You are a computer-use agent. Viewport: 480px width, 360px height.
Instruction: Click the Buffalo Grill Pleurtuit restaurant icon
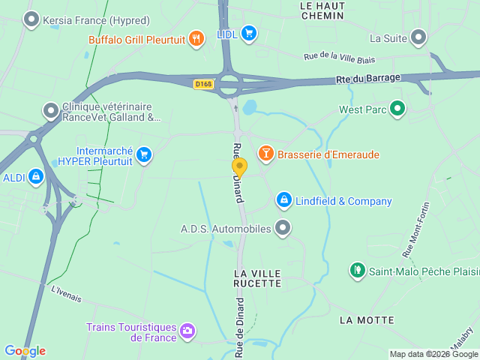pos(196,38)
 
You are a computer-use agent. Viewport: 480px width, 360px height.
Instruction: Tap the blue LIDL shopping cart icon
pos(249,33)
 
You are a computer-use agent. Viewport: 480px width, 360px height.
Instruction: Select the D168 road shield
pos(203,84)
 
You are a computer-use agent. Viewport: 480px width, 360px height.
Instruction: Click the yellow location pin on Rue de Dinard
pos(239,167)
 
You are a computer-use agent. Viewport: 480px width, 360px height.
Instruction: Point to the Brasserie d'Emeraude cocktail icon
pos(265,154)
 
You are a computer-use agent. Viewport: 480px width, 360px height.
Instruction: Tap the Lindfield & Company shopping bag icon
pos(283,200)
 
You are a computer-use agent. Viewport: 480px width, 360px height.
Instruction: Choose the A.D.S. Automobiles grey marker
pos(283,228)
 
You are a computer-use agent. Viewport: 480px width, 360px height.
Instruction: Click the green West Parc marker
pos(398,109)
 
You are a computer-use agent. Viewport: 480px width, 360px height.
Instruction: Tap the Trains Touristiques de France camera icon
pos(187,330)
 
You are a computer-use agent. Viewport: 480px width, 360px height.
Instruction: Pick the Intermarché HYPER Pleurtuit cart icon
pos(144,155)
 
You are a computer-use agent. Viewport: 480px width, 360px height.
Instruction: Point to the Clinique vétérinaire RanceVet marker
pos(51,111)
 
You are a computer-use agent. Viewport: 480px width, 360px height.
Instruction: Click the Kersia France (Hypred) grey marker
pos(31,19)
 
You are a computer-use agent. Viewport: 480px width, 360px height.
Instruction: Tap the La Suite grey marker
pos(418,37)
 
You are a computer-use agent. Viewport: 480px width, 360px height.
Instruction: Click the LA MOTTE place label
pos(367,320)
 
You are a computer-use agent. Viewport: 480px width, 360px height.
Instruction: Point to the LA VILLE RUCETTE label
pos(257,277)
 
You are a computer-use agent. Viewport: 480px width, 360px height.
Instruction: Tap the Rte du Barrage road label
pos(368,77)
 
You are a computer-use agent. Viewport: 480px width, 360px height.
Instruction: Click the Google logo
pos(25,350)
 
